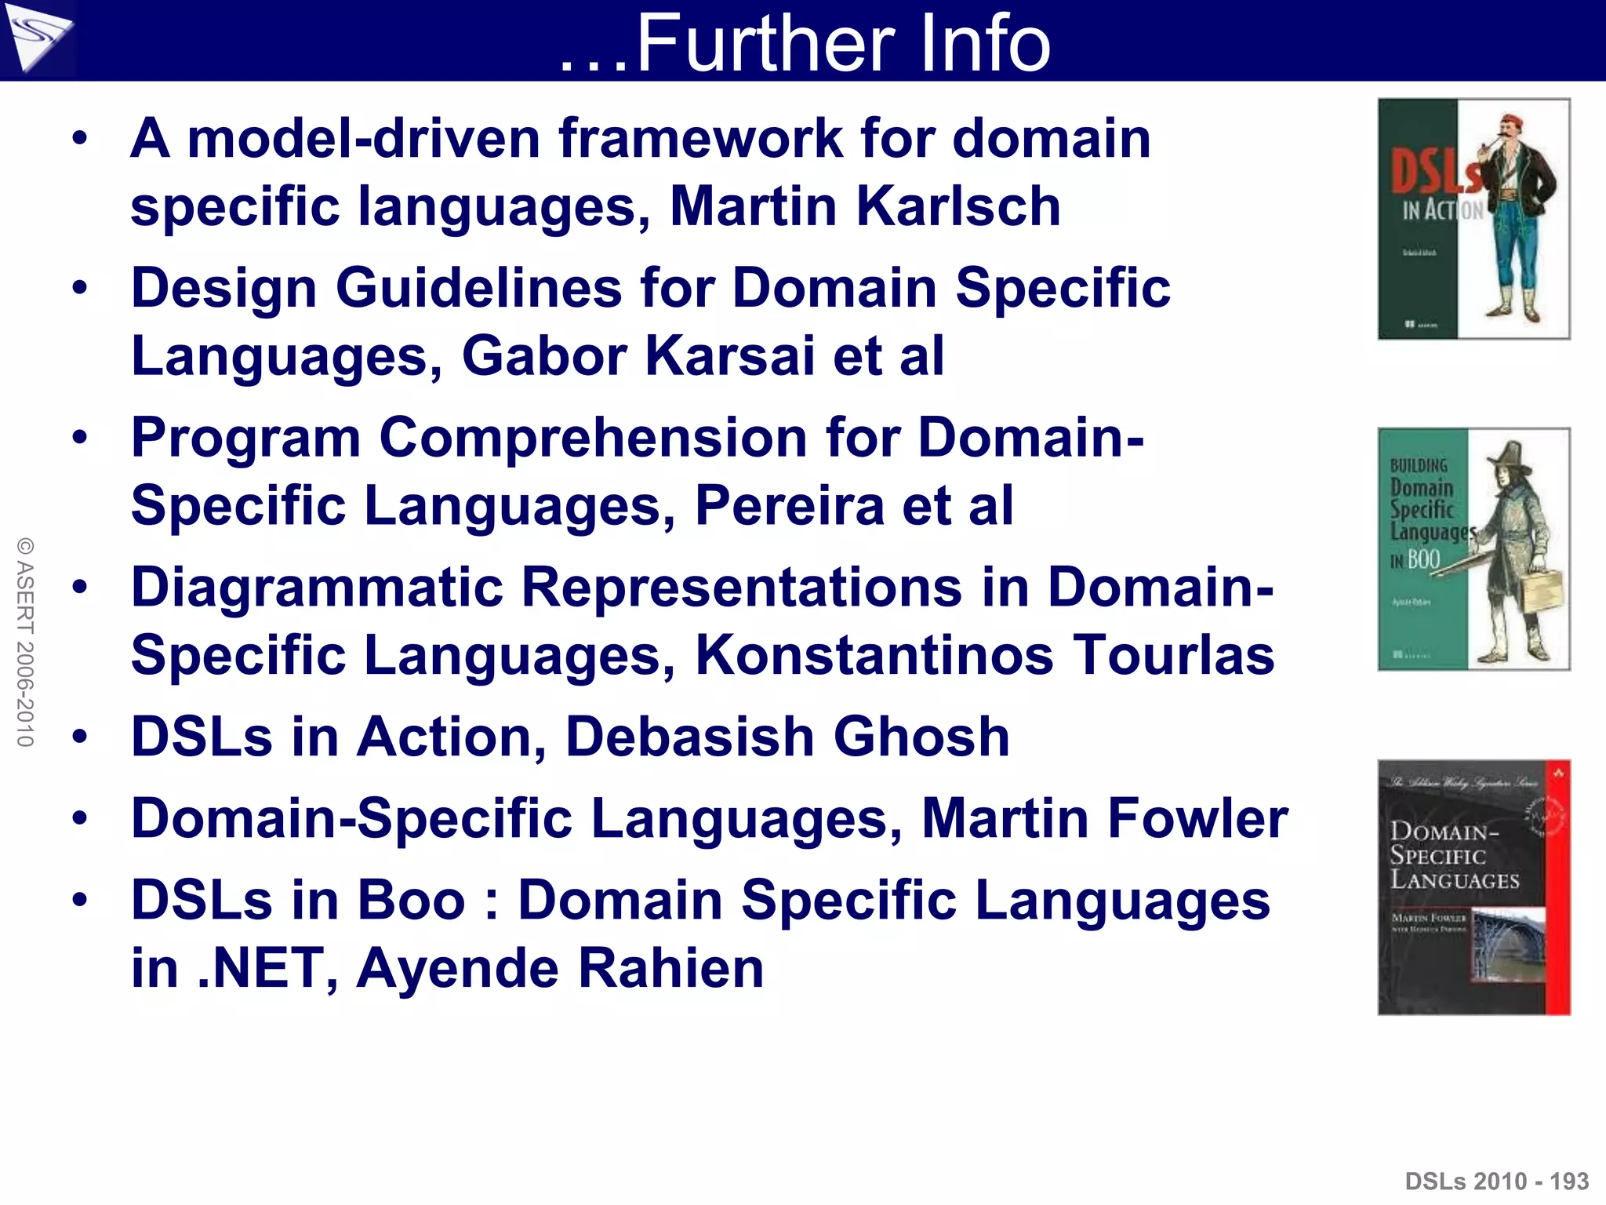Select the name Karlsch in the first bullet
tap(957, 207)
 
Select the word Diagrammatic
tap(317, 588)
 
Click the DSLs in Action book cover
tap(1473, 219)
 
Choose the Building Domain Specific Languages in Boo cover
tap(1473, 549)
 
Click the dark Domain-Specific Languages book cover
tap(1473, 887)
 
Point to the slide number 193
tap(1568, 1181)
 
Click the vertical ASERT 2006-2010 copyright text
tap(25, 642)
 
